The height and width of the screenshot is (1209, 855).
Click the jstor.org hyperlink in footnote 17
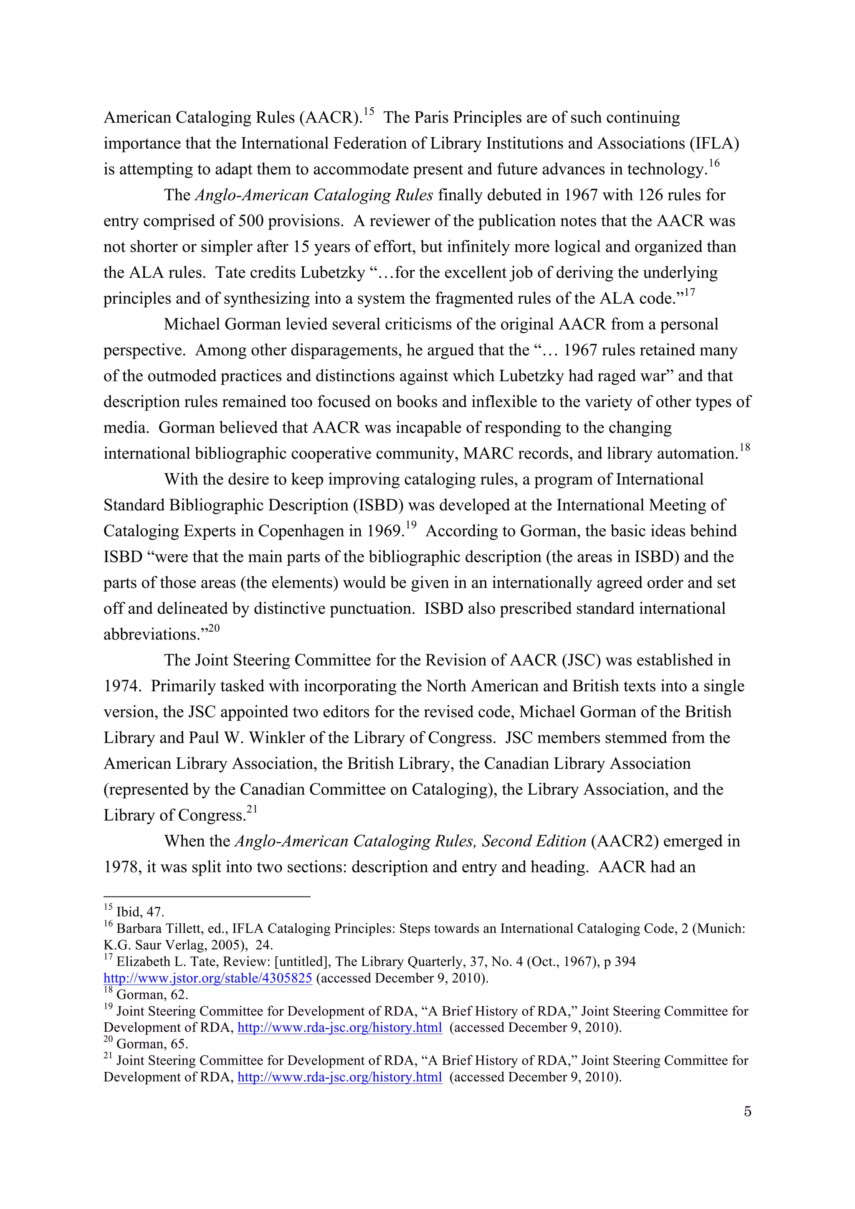[207, 978]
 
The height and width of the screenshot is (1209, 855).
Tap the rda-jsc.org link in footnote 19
[340, 1028]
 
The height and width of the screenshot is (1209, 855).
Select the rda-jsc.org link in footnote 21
[340, 1077]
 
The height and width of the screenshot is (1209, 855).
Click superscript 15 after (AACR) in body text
[368, 111]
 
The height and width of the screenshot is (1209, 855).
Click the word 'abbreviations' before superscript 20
[152, 635]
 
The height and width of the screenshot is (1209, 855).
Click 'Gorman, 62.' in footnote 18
[152, 995]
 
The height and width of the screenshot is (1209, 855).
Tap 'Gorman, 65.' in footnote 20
[152, 1044]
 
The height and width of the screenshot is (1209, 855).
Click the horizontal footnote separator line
[207, 896]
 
